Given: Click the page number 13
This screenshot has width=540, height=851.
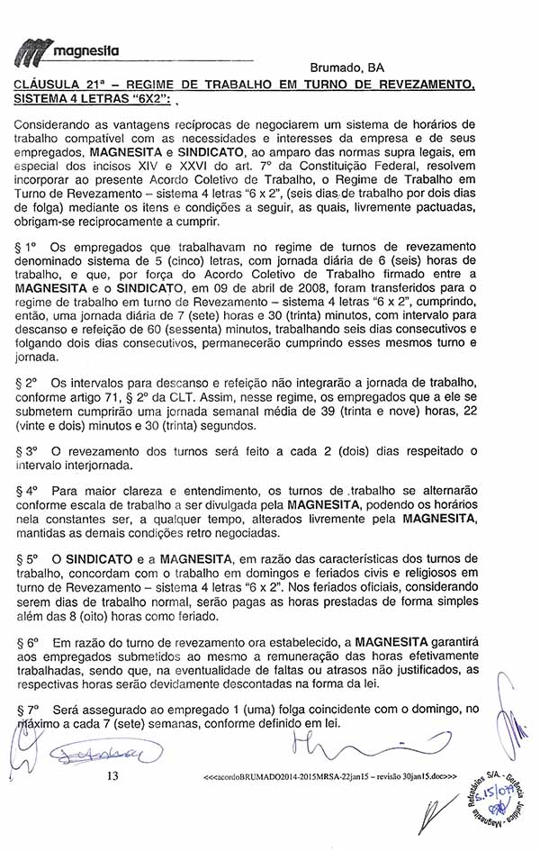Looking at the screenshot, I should pyautogui.click(x=112, y=776).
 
